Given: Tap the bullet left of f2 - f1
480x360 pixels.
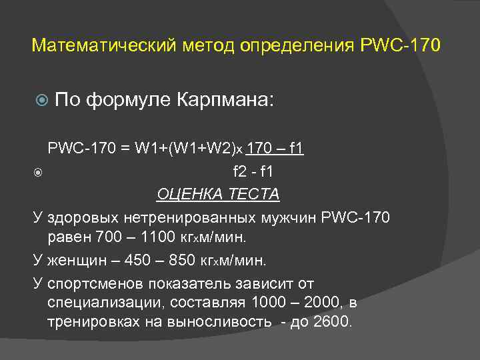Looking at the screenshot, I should (38, 173).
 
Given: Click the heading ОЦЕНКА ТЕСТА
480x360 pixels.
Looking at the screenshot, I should (218, 194).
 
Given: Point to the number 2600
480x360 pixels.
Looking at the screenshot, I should (331, 322).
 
